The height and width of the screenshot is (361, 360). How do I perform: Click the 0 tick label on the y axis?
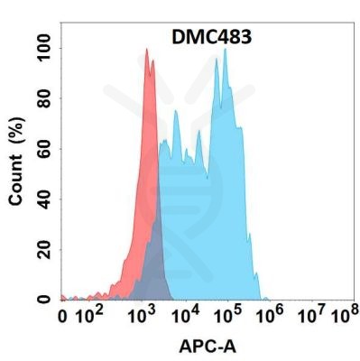click(x=42, y=300)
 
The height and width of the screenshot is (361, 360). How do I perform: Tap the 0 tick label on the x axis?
click(x=62, y=317)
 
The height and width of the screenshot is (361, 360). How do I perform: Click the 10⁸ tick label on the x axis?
click(x=341, y=317)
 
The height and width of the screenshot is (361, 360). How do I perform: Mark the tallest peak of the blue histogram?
click(x=225, y=51)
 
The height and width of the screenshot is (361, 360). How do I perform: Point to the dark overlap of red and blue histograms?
click(x=154, y=262)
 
